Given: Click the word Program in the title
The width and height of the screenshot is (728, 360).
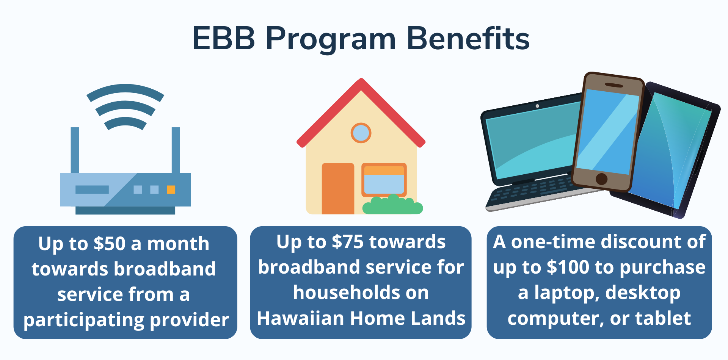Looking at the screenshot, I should [x=330, y=39].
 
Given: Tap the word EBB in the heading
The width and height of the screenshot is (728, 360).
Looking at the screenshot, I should [x=224, y=39].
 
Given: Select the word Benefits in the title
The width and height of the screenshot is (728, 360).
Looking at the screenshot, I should [x=468, y=39].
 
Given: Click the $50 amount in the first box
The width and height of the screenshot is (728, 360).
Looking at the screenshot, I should [x=109, y=244].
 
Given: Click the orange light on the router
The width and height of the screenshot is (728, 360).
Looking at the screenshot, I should [x=171, y=189].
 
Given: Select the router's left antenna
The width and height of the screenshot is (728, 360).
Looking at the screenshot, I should [x=75, y=150].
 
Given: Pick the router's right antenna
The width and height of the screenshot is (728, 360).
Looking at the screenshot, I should [x=176, y=150].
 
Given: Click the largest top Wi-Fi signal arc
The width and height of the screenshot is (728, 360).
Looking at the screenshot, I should [x=125, y=91].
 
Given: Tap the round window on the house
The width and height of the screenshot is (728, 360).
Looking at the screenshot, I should [x=361, y=133].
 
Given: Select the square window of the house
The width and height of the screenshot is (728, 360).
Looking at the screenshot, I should [x=384, y=180].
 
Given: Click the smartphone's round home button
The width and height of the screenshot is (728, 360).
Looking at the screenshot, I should [x=601, y=178].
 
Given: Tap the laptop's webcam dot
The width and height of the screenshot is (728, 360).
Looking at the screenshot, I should [x=537, y=106].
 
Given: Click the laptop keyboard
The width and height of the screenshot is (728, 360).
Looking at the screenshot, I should [x=531, y=189].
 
